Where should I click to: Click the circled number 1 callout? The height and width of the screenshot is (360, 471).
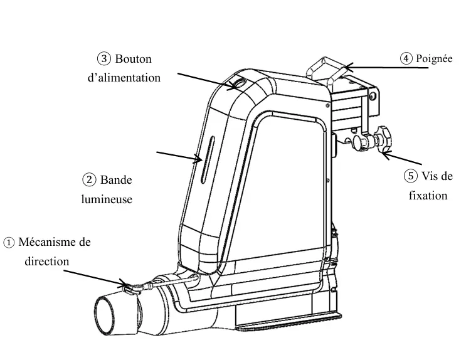click(9, 242)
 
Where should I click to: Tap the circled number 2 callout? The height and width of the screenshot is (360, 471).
click(90, 180)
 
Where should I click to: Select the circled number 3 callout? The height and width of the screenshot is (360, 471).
click(104, 59)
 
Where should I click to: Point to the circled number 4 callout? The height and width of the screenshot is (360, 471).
click(406, 58)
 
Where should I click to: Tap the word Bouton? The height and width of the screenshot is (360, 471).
click(134, 59)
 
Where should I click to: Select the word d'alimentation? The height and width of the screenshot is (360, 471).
click(124, 78)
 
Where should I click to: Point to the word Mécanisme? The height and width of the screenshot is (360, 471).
click(55, 242)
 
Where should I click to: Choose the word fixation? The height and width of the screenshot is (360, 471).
click(428, 195)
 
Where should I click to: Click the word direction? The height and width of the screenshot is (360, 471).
click(47, 261)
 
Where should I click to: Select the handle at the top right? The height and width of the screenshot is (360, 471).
click(328, 68)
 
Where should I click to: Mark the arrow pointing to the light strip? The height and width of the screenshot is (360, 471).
click(178, 156)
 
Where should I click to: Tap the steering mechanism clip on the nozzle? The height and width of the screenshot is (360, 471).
click(132, 288)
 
